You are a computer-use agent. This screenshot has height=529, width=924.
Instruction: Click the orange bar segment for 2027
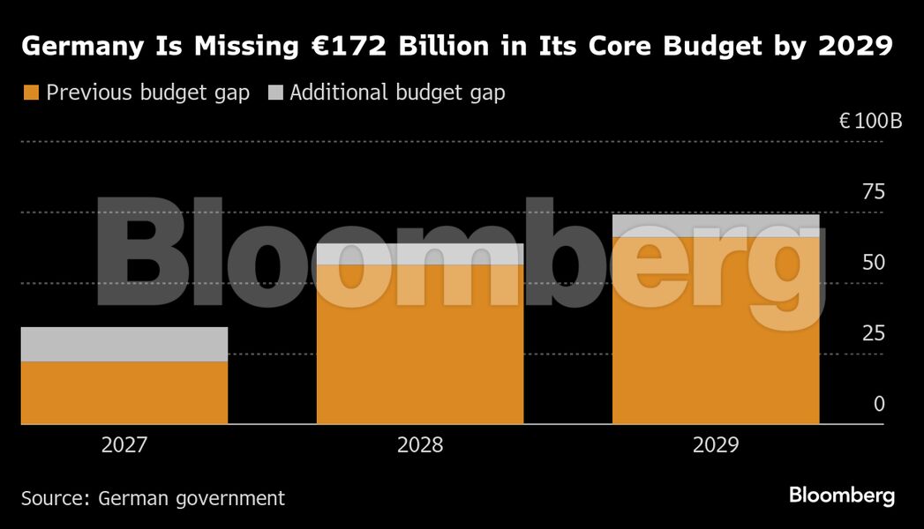click(x=124, y=393)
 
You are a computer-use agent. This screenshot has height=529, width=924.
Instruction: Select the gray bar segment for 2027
click(x=124, y=345)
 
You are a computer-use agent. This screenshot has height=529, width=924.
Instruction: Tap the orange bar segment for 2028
click(x=420, y=345)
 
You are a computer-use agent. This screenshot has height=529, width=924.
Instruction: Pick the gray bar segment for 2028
click(x=420, y=254)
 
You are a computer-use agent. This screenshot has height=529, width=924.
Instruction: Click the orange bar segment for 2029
click(x=716, y=331)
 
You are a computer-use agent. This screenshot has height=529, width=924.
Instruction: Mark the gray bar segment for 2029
click(x=716, y=226)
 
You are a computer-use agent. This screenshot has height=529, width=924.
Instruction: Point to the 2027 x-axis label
click(x=124, y=445)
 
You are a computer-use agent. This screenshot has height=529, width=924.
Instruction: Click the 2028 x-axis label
click(x=420, y=445)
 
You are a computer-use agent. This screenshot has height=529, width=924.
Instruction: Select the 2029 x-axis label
click(x=716, y=445)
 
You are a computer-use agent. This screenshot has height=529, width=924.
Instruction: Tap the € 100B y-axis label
click(x=870, y=122)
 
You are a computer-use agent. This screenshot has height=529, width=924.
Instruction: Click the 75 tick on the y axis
click(x=873, y=192)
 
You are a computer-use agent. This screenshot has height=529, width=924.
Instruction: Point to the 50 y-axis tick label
click(x=873, y=263)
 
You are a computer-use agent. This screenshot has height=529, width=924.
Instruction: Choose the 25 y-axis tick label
click(x=873, y=333)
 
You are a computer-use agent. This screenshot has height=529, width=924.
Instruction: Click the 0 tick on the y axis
click(x=878, y=404)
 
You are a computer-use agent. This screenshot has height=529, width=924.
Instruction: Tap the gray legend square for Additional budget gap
click(x=275, y=93)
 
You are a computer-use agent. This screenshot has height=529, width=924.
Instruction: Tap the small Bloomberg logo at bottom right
click(x=842, y=495)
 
